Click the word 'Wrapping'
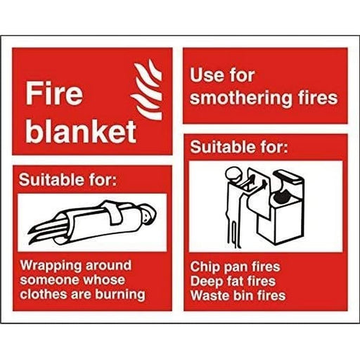pyautogui.click(x=49, y=266)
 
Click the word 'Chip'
pyautogui.click(x=204, y=267)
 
